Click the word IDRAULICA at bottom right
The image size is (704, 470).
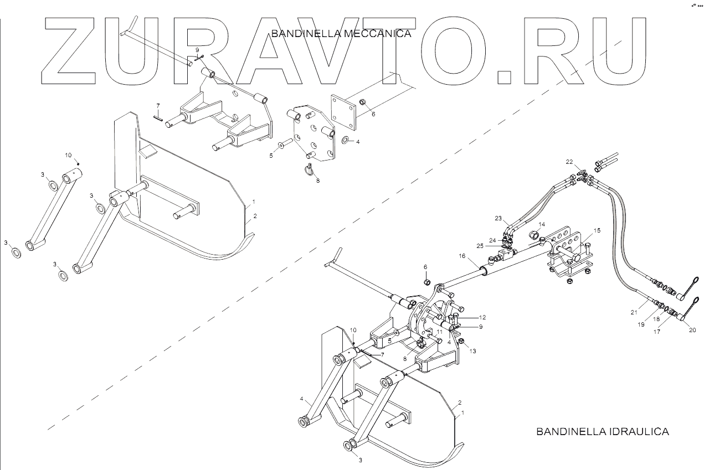click(638, 431)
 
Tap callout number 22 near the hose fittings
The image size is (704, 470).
click(569, 162)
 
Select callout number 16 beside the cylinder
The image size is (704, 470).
click(462, 256)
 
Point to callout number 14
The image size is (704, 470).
click(542, 224)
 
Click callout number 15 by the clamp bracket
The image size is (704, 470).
click(597, 230)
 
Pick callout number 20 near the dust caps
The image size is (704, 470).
click(692, 330)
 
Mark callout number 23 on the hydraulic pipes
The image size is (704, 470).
click(498, 218)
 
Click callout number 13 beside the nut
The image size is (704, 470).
click(472, 351)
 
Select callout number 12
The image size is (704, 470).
click(482, 317)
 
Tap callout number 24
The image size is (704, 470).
click(492, 240)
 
